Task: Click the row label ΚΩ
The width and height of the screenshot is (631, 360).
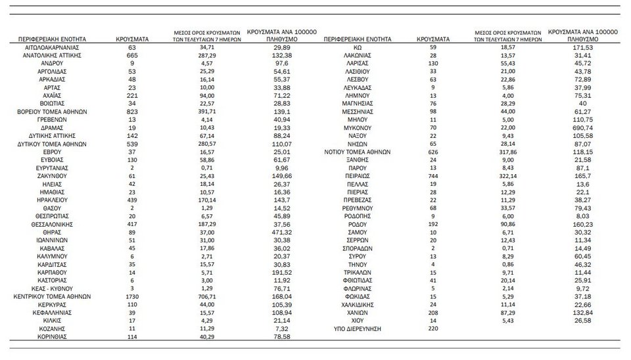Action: tap(358, 48)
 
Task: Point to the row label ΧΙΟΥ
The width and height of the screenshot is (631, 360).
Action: tap(358, 320)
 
